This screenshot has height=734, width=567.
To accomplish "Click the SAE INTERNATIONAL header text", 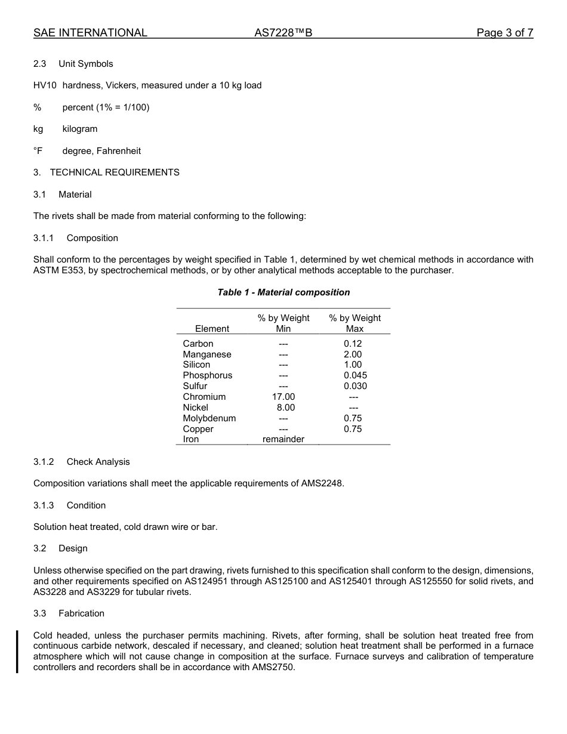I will (x=90, y=33).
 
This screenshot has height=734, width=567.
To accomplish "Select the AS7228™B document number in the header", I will (x=283, y=33).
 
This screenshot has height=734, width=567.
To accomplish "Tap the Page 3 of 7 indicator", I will (x=504, y=33).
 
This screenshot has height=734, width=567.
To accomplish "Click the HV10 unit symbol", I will (x=45, y=85).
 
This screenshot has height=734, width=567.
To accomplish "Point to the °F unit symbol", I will (x=38, y=151).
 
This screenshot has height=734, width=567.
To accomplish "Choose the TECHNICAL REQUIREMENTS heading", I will (x=115, y=172).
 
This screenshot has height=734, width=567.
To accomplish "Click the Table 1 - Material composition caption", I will (x=283, y=292).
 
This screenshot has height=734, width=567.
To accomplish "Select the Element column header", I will (x=212, y=329).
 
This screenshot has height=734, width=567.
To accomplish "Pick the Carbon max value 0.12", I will (x=353, y=344).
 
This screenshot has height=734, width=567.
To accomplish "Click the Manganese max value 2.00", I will (x=353, y=354).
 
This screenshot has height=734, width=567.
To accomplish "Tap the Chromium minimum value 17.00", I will (x=283, y=397).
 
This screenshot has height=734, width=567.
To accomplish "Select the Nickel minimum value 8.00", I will (x=286, y=408).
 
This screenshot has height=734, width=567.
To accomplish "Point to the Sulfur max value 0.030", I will (x=355, y=386).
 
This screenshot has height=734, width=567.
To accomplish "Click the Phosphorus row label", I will (x=208, y=375).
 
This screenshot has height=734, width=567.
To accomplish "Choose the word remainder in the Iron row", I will (x=283, y=439).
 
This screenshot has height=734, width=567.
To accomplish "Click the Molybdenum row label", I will (x=209, y=418).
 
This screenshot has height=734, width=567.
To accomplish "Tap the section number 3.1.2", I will (x=44, y=462).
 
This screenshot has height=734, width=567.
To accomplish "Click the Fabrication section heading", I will (x=81, y=613).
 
